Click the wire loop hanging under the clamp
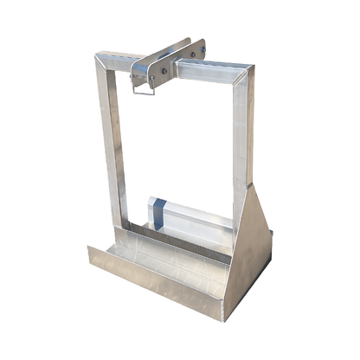point(142,85)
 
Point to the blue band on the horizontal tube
point(158,214)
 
